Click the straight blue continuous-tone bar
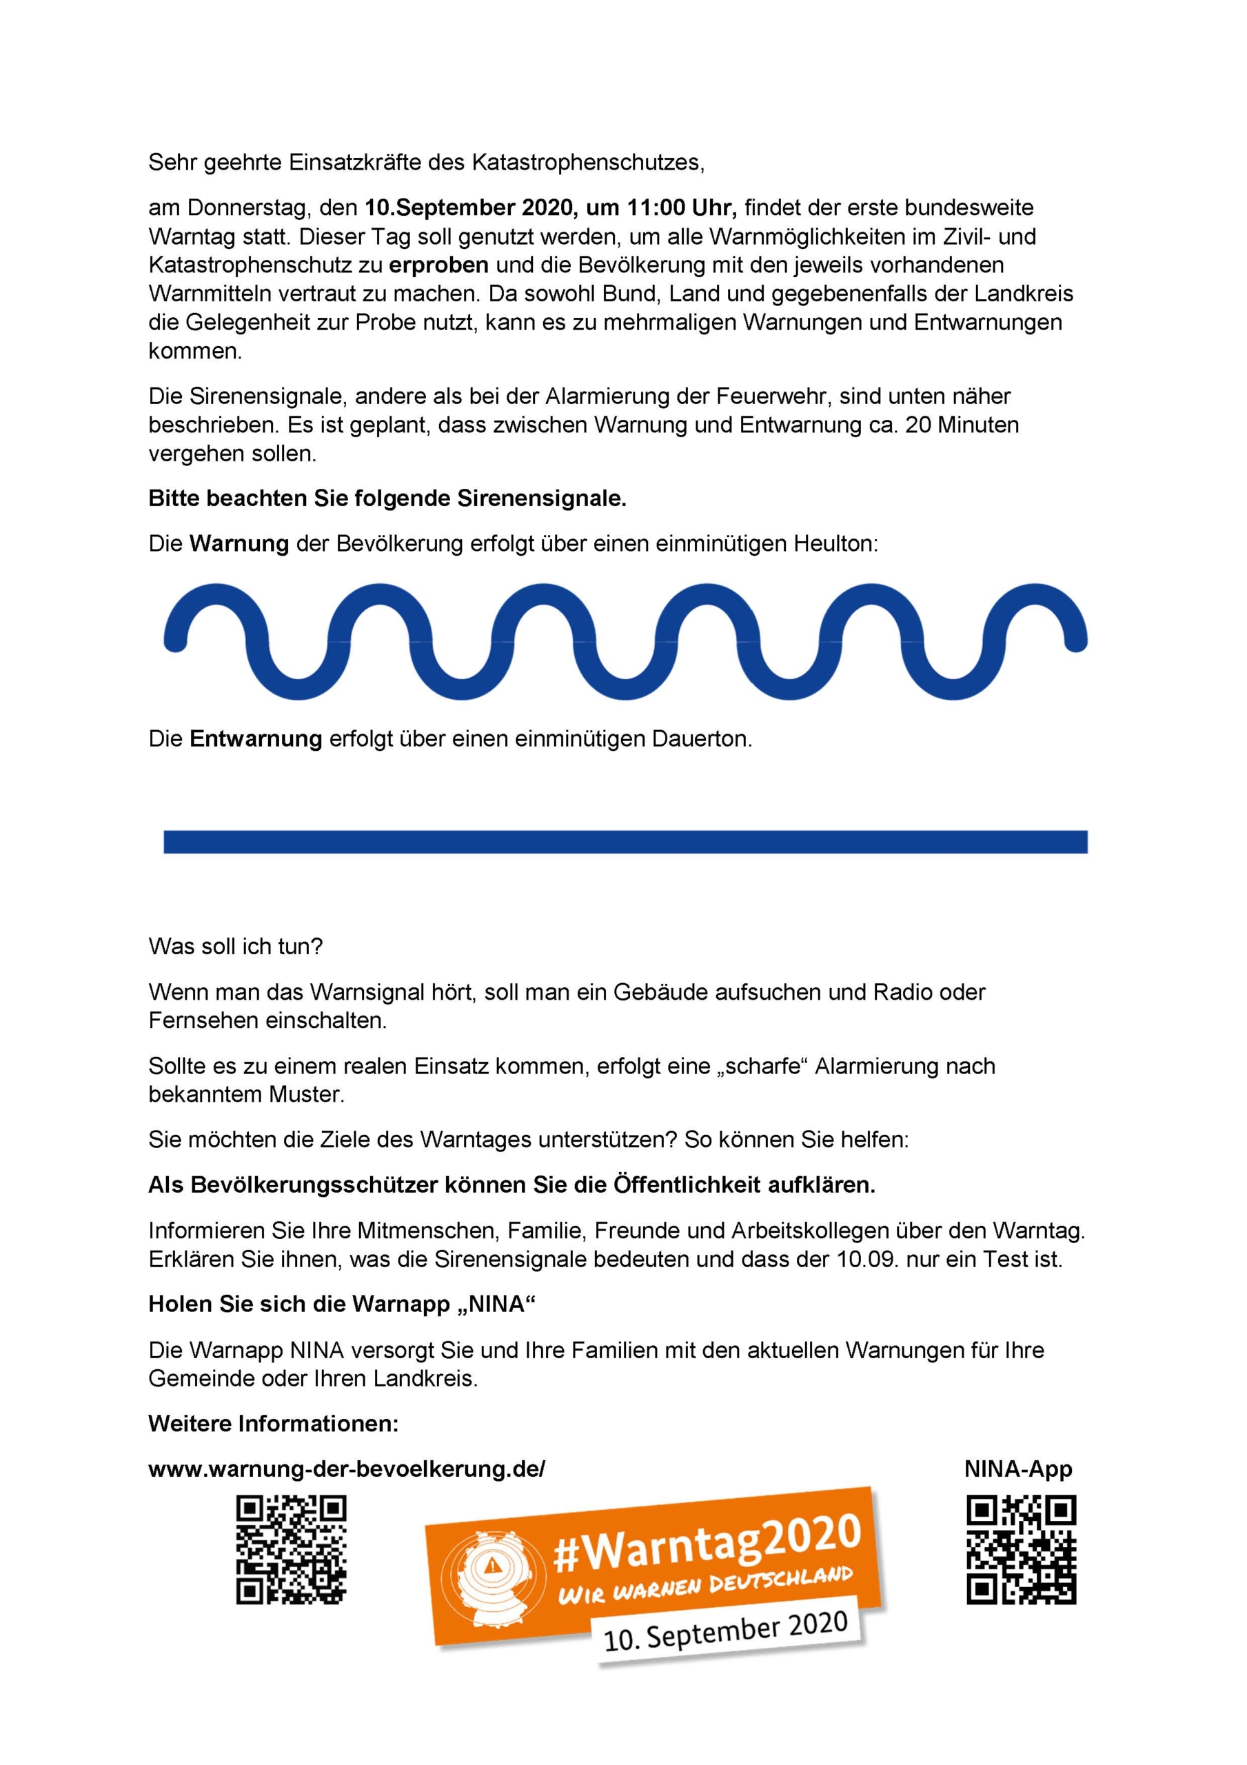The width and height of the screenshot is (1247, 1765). [x=625, y=842]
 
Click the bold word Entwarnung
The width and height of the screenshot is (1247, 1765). [x=255, y=740]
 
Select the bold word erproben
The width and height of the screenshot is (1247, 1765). [x=438, y=265]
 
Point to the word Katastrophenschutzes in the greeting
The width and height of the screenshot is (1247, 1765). [x=587, y=163]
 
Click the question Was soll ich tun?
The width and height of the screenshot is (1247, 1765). [x=235, y=947]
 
